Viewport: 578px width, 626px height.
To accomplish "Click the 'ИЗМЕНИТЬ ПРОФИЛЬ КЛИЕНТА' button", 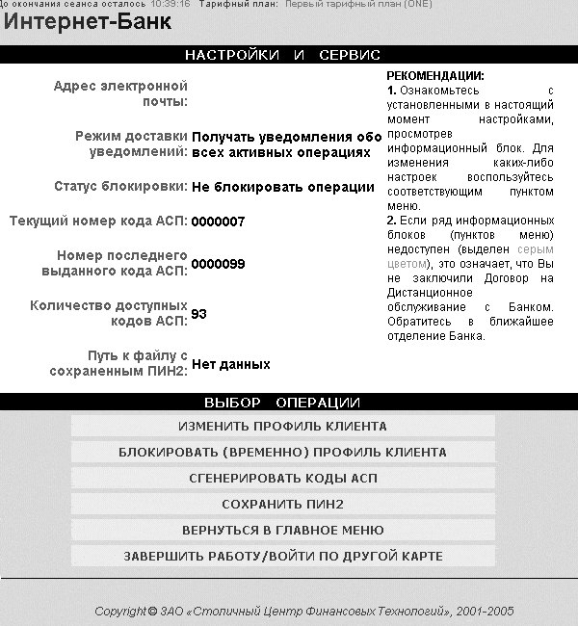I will pos(282,426).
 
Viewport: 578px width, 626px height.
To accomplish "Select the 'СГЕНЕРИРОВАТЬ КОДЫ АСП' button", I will pos(282,478).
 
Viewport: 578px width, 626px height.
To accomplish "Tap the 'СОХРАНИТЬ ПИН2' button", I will pos(282,504).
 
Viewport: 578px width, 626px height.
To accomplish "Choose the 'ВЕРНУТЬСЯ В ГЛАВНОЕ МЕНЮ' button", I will pos(282,530).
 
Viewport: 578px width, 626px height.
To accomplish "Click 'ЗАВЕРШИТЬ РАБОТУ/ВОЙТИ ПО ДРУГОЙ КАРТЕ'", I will pos(282,556).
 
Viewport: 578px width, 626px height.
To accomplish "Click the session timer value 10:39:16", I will pos(170,4).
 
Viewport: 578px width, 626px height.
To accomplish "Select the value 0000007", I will pos(218,222).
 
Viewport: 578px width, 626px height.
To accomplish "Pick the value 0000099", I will pos(218,264).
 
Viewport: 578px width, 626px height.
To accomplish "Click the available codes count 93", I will pos(199,314).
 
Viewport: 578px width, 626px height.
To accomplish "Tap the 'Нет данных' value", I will pos(230,364).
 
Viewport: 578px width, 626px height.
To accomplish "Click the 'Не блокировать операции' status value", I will pos(281,187).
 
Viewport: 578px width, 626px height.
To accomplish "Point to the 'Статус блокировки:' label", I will pos(120,187).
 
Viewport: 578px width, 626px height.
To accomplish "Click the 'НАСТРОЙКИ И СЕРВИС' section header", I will pos(282,55).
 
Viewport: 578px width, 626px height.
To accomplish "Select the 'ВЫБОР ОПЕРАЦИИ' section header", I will pos(282,402).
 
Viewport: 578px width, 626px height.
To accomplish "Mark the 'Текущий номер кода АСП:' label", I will pos(98,222).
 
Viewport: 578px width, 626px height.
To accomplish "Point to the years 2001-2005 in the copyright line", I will pos(486,611).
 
